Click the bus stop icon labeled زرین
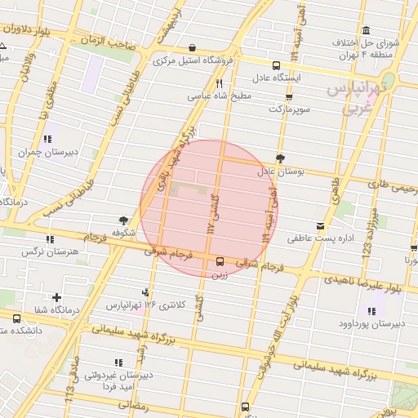click(220, 262)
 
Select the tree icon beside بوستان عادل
click(281, 158)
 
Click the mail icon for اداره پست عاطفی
click(318, 225)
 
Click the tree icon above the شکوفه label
click(122, 220)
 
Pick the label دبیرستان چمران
click(50, 152)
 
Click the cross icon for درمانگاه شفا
click(56, 297)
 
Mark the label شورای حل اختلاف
click(365, 42)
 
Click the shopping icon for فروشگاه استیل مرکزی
click(192, 47)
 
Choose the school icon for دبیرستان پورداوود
click(371, 311)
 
